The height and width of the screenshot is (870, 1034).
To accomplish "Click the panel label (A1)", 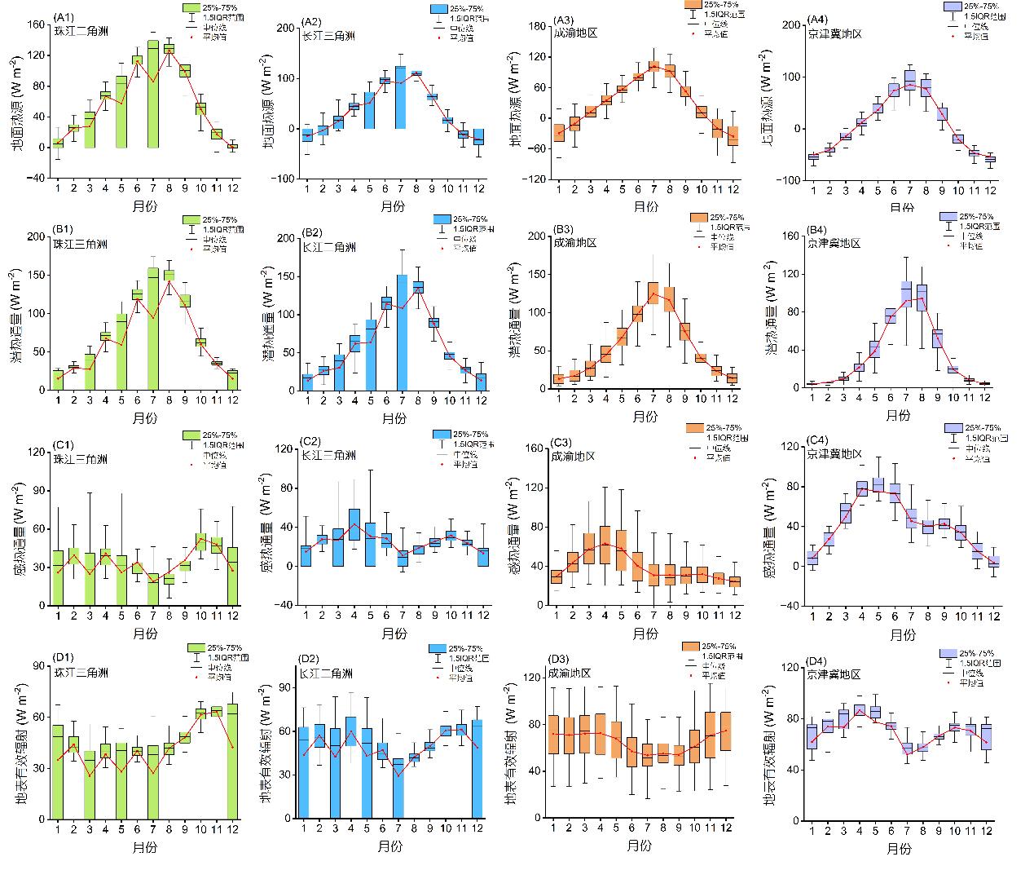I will [64, 18].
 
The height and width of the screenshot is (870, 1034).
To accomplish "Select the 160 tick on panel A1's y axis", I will [37, 24].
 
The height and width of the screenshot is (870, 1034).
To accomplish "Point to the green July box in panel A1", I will [153, 94].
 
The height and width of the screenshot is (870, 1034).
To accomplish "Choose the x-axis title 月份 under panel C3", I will [645, 634].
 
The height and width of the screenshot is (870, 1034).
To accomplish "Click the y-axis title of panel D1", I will [20, 744].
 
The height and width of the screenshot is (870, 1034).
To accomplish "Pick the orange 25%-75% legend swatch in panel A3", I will [693, 5].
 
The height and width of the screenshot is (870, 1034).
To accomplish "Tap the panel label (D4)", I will [816, 661].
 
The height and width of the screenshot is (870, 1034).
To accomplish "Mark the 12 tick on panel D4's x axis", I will [986, 831].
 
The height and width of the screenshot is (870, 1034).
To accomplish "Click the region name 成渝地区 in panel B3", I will [575, 243].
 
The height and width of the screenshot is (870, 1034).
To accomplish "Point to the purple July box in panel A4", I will [910, 80].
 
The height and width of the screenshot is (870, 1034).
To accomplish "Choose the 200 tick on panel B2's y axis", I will [286, 238].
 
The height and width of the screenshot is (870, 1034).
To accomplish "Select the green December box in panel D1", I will [233, 761].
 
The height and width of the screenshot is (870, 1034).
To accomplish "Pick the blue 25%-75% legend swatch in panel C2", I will [442, 435].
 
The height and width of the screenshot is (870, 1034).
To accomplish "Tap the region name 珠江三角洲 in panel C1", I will [81, 459].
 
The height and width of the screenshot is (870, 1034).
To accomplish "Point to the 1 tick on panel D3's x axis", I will [553, 828].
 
